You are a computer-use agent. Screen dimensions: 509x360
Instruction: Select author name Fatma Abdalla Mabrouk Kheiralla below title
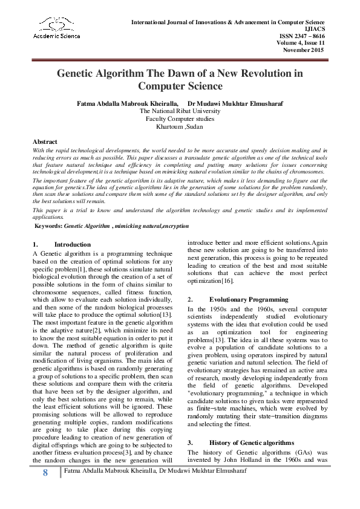click(127, 103)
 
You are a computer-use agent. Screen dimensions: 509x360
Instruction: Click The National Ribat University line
click(180, 111)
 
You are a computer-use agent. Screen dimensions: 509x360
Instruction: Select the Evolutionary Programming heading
click(249, 299)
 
